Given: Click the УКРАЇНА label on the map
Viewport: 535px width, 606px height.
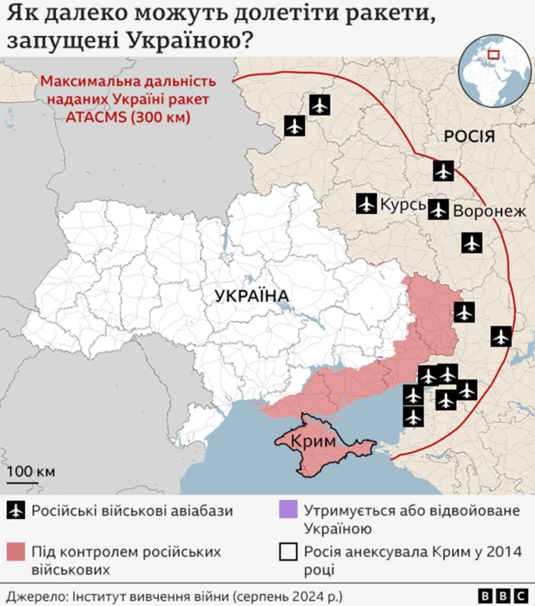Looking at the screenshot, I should coord(251,296).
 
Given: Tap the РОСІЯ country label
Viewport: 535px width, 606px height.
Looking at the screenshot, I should coord(468,136).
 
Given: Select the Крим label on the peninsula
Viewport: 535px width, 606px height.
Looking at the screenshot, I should coord(313,441).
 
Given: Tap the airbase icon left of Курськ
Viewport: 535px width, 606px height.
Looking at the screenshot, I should coord(366,203).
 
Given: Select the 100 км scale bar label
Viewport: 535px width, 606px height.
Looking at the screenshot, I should coord(31,471).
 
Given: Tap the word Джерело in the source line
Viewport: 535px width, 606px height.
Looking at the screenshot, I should coord(33,595).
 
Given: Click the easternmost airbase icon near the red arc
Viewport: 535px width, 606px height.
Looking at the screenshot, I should coord(501,336).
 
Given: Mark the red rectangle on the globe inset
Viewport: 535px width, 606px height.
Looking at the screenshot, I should coord(492,56).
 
